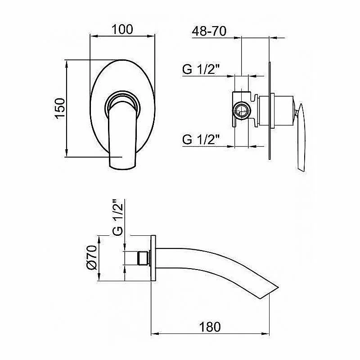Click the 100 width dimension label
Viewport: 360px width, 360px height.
pos(122,29)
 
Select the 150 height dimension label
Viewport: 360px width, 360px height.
pos(60,108)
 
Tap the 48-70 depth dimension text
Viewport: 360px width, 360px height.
pos(209,31)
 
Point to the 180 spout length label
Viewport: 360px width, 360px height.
pos(210,327)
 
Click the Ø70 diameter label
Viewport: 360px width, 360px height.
pos(92,257)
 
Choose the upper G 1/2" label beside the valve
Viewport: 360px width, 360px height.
pos(201,69)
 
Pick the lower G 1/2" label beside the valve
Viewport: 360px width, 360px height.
pos(201,139)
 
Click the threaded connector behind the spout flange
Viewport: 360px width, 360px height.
pos(143,258)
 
